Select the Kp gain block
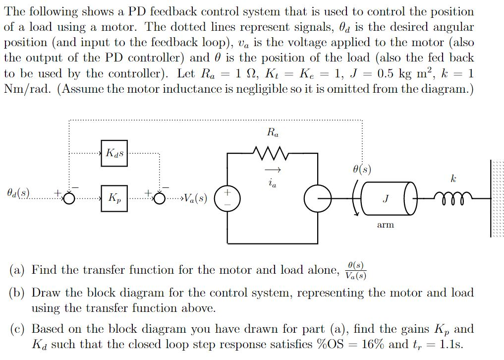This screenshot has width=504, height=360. point(114,198)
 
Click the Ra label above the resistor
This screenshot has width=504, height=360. point(272,133)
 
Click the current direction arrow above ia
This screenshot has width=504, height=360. point(275,171)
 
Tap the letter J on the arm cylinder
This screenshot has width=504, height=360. point(385,199)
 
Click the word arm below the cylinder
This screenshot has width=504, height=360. point(385,225)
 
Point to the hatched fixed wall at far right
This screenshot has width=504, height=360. point(497,198)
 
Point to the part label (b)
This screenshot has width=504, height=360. point(18,293)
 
